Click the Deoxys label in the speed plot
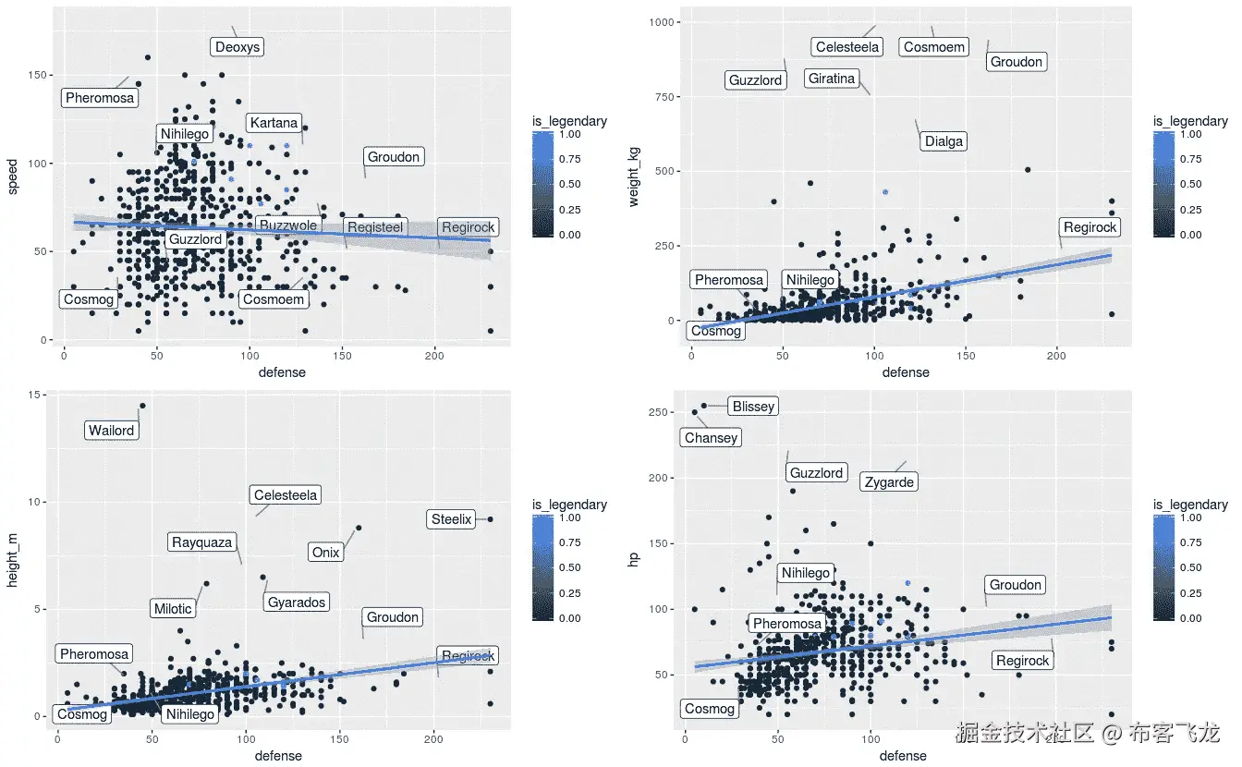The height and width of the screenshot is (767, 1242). click(237, 47)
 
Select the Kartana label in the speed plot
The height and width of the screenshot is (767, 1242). click(274, 123)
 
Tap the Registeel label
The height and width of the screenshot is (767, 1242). click(374, 227)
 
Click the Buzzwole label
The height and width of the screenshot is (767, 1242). click(288, 225)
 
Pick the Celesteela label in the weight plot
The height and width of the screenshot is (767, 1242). click(847, 47)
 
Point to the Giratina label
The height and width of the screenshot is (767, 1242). click(832, 79)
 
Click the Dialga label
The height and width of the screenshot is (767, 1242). click(944, 141)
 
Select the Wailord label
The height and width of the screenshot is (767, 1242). click(112, 431)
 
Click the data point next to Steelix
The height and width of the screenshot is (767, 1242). click(490, 519)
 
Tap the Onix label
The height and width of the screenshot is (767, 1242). click(326, 553)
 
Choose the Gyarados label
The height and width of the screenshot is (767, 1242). click(297, 603)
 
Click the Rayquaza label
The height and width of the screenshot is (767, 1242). click(202, 542)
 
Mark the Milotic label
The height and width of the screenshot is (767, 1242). click(173, 608)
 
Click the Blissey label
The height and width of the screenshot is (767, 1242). click(752, 406)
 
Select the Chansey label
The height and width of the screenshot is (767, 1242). click(711, 438)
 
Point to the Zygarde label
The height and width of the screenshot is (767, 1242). click(889, 482)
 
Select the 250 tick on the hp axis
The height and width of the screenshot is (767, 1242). click(665, 412)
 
